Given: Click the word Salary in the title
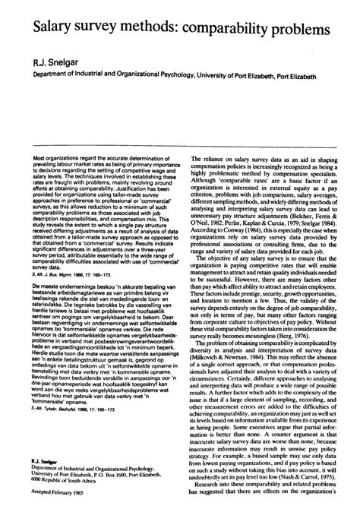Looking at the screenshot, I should (51, 31).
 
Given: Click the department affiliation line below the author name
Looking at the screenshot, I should (179, 76).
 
